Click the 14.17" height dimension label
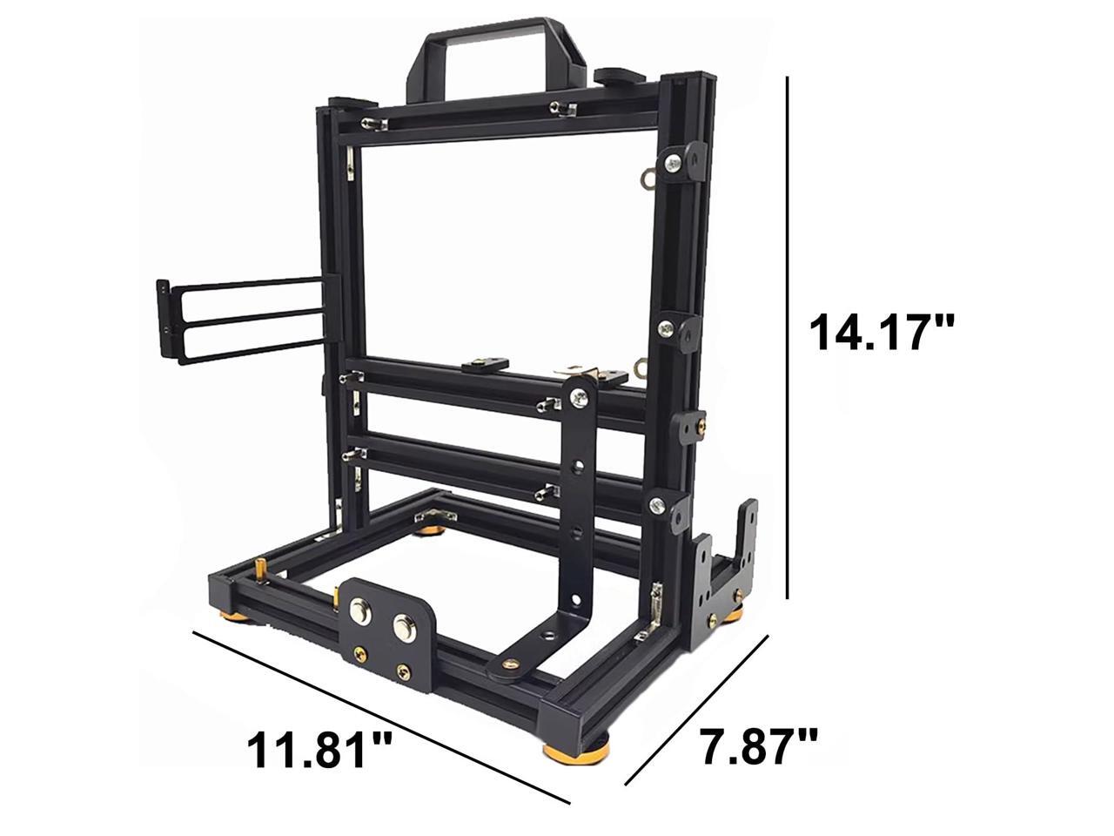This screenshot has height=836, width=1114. [882, 333]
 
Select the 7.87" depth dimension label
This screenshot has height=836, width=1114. [759, 746]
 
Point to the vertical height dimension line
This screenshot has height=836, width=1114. [787, 337]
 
